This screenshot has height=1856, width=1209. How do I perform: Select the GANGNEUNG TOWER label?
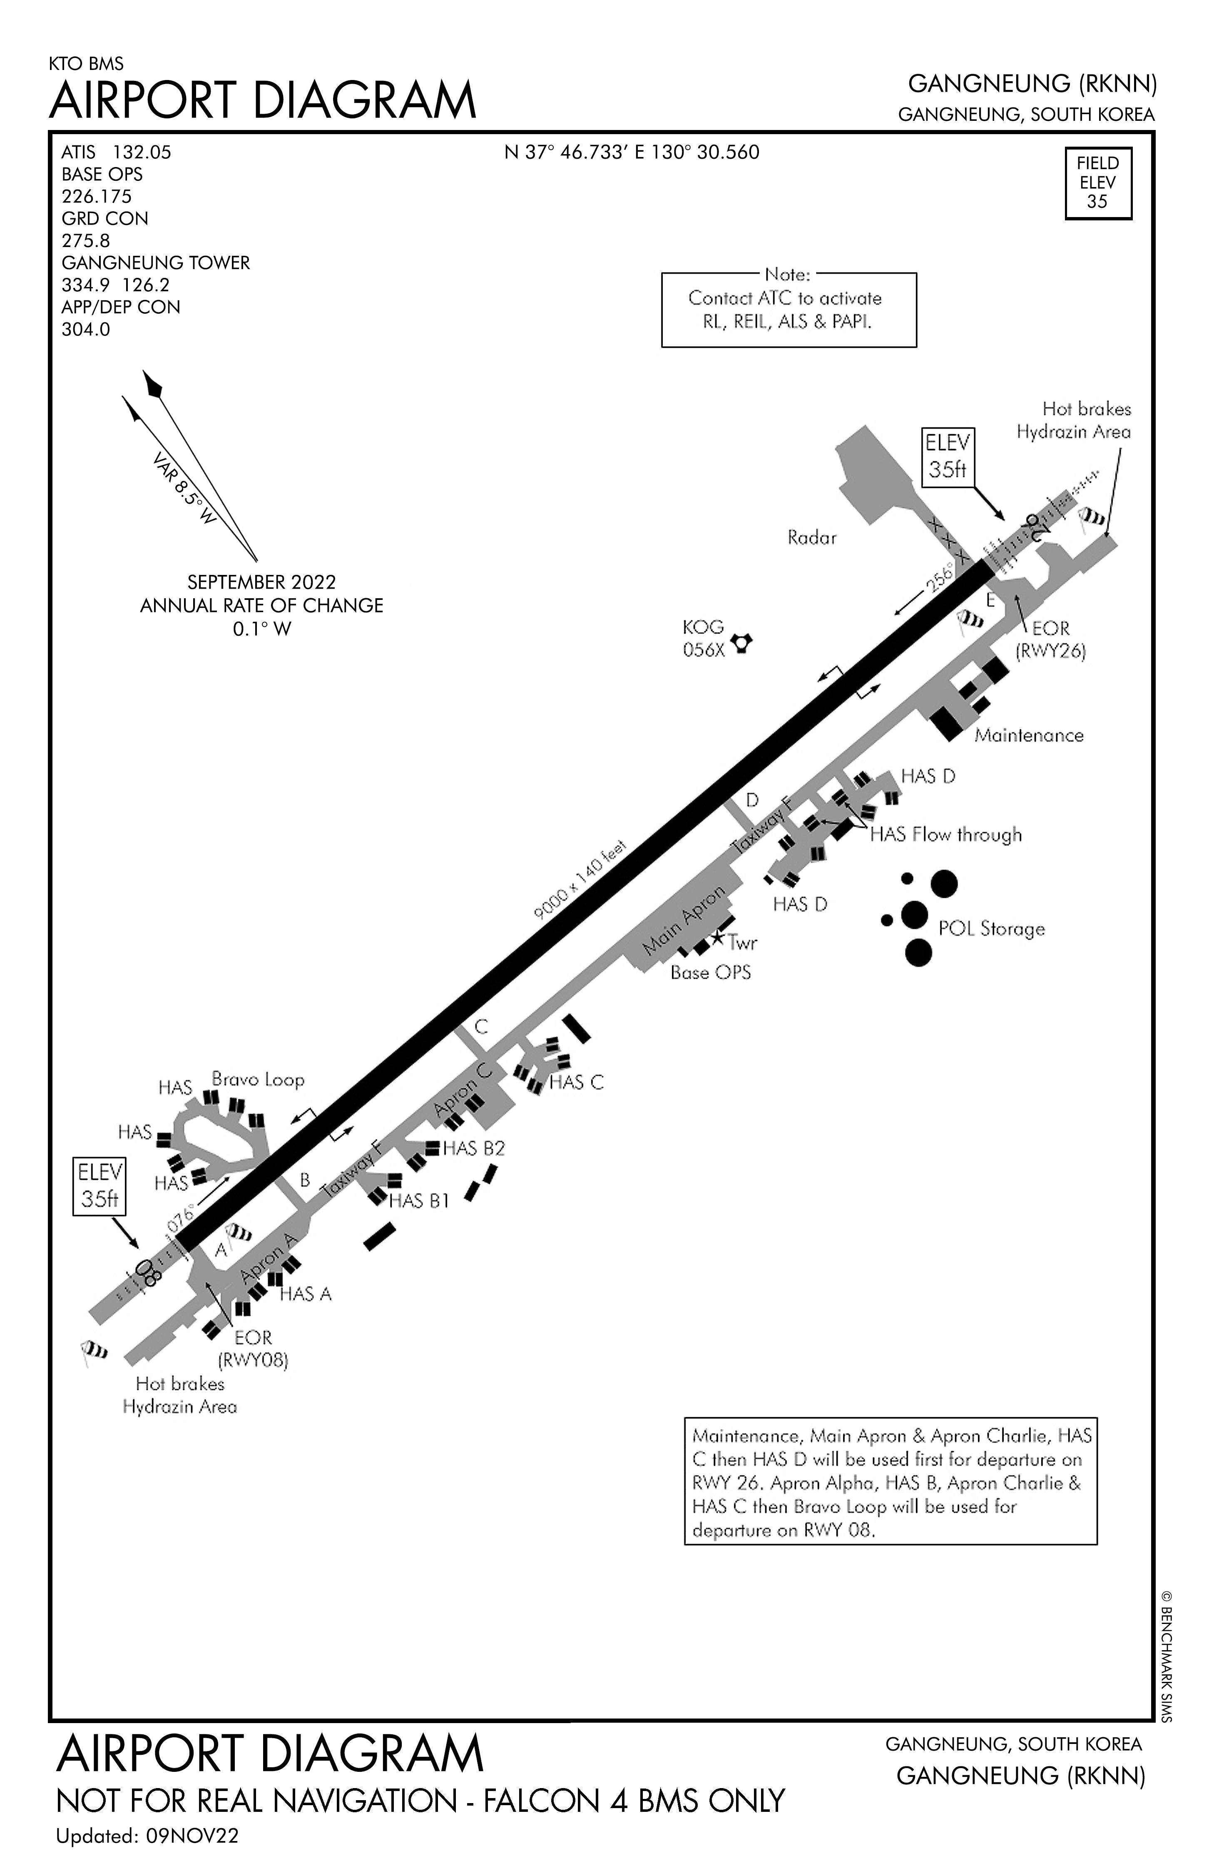click(x=155, y=263)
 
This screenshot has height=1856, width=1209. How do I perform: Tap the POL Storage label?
click(x=991, y=929)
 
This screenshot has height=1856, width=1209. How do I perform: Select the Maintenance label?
click(x=1029, y=735)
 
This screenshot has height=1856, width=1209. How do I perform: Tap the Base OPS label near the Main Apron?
click(x=710, y=972)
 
